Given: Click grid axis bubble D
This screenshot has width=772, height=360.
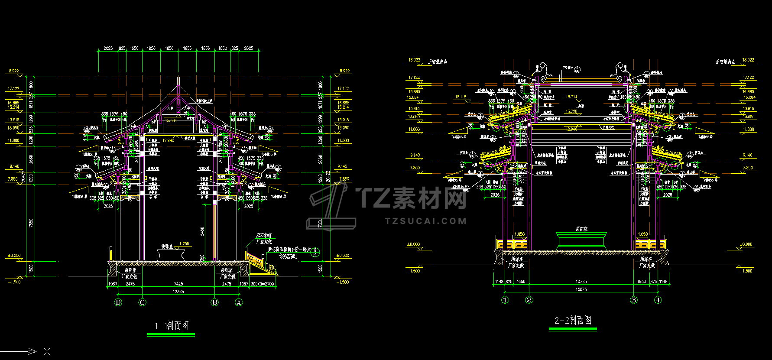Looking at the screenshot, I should (118, 302).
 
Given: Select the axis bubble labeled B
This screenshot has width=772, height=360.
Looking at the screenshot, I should (215, 302).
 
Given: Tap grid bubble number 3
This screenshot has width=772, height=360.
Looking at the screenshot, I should (634, 300).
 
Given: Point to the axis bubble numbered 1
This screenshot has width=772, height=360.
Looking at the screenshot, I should (505, 300).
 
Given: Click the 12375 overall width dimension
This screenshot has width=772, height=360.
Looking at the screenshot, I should (178, 292).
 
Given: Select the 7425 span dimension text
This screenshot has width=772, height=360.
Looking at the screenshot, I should (178, 284).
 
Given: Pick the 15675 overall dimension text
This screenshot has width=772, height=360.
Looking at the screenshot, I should (581, 289).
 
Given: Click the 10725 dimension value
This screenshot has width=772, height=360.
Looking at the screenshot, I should (581, 282).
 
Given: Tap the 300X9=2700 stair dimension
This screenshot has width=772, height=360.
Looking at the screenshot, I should (263, 284).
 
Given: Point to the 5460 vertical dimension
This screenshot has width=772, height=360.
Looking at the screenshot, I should (202, 231).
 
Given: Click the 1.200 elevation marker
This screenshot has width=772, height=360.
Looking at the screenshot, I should (184, 244).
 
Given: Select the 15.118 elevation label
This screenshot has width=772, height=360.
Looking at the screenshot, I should (461, 97).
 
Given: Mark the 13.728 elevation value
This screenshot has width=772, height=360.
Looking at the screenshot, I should (571, 111).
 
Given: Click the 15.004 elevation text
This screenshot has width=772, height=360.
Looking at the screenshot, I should (171, 121).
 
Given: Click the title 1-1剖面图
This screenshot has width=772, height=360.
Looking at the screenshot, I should (172, 326).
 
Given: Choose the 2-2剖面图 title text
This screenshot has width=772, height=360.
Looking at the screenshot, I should (573, 321).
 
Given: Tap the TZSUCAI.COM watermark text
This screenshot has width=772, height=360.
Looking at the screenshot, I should (426, 221).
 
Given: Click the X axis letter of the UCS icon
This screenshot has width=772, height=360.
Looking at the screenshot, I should (47, 352).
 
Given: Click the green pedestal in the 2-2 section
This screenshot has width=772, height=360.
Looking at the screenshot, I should (581, 240).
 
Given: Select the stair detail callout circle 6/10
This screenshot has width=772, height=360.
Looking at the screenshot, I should (315, 252).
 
